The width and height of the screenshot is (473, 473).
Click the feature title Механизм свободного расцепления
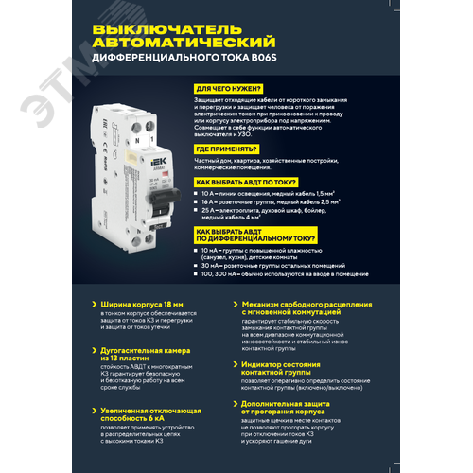299,305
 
